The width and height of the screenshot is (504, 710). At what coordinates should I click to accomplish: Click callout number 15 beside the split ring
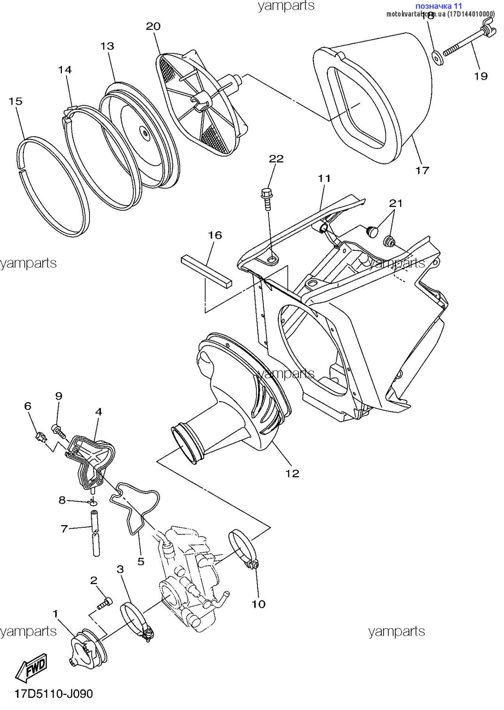[15, 101]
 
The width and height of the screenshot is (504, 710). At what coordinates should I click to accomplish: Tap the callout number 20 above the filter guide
[153, 26]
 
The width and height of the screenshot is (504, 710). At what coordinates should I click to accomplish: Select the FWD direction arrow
[32, 667]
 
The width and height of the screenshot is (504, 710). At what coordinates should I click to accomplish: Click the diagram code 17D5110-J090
[54, 694]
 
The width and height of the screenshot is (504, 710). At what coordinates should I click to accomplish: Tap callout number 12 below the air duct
[292, 473]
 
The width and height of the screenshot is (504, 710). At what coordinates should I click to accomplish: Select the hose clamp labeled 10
[243, 549]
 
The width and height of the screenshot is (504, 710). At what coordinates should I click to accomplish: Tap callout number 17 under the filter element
[422, 170]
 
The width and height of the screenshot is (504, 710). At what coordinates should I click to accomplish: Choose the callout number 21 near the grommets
[396, 204]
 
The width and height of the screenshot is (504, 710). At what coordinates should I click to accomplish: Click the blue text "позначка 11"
[438, 6]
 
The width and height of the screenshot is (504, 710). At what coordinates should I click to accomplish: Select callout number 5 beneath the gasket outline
[141, 561]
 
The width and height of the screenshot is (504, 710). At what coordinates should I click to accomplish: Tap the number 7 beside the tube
[64, 528]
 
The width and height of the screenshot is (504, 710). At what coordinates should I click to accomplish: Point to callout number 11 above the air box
[324, 178]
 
